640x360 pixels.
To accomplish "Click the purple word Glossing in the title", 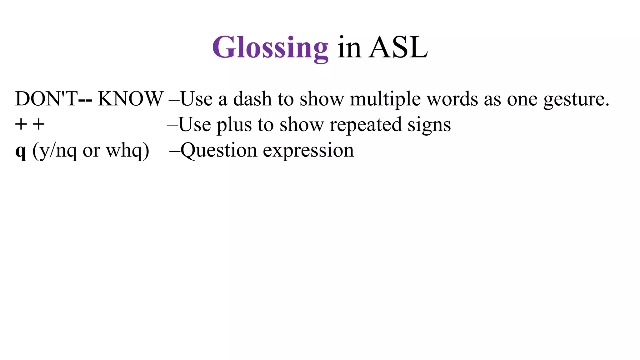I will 270,47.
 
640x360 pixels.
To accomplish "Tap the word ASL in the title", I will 398,47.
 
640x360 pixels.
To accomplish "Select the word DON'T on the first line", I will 46,99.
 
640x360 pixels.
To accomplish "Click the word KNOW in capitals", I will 130,99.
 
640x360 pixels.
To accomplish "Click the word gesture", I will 576,99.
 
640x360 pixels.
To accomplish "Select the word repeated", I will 366,125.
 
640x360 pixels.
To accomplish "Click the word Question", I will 219,150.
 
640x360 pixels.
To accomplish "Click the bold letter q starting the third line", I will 21,152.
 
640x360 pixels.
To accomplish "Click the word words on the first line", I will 452,99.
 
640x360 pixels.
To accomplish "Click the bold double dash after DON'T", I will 85,99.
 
